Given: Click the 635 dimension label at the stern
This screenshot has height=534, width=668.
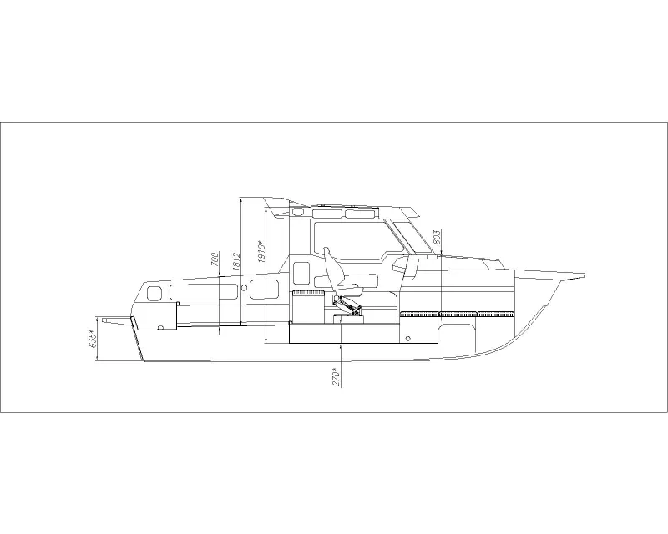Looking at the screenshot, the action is [94, 340].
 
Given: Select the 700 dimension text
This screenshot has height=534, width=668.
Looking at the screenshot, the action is [215, 259].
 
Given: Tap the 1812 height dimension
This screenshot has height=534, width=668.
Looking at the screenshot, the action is [237, 261].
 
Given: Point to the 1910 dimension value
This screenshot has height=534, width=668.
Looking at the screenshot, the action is [262, 252].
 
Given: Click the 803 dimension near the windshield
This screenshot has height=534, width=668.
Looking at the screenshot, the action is [437, 237].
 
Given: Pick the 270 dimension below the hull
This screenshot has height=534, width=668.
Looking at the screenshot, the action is [337, 377].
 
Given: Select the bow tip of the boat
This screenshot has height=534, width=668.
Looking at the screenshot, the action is [584, 275].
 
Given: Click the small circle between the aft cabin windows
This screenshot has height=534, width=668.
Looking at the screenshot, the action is [244, 289].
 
